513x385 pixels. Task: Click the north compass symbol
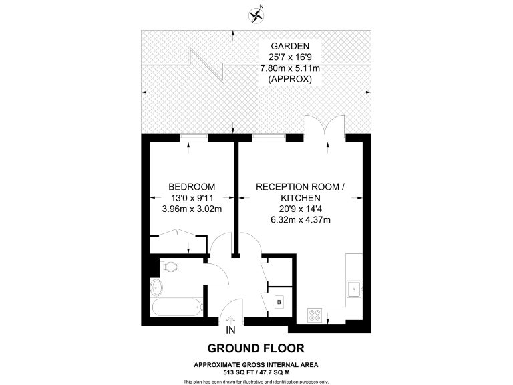pos(256,13)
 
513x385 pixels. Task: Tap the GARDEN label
pos(289,47)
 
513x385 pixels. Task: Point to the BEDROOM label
pos(192,186)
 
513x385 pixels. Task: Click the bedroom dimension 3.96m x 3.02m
pos(192,209)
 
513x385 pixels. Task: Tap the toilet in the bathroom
pos(170,268)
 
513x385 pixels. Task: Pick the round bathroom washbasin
pos(156,288)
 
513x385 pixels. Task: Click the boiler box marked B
pos(279,302)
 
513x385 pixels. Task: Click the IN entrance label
pos(230,331)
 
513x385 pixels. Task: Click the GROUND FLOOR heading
pos(256,348)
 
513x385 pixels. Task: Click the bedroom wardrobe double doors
pos(178,235)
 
